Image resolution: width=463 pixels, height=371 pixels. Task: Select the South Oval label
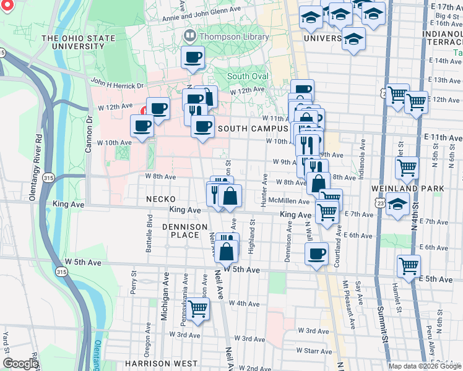(248, 76)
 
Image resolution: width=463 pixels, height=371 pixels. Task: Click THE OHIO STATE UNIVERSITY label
(78, 43)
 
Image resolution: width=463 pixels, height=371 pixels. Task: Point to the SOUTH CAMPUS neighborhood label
(251, 128)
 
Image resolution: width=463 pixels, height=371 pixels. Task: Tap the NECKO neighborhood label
(162, 199)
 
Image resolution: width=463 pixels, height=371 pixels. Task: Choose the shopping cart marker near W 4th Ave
(198, 309)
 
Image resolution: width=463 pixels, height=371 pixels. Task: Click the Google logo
(20, 364)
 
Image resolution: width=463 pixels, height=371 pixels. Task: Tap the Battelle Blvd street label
(149, 228)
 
